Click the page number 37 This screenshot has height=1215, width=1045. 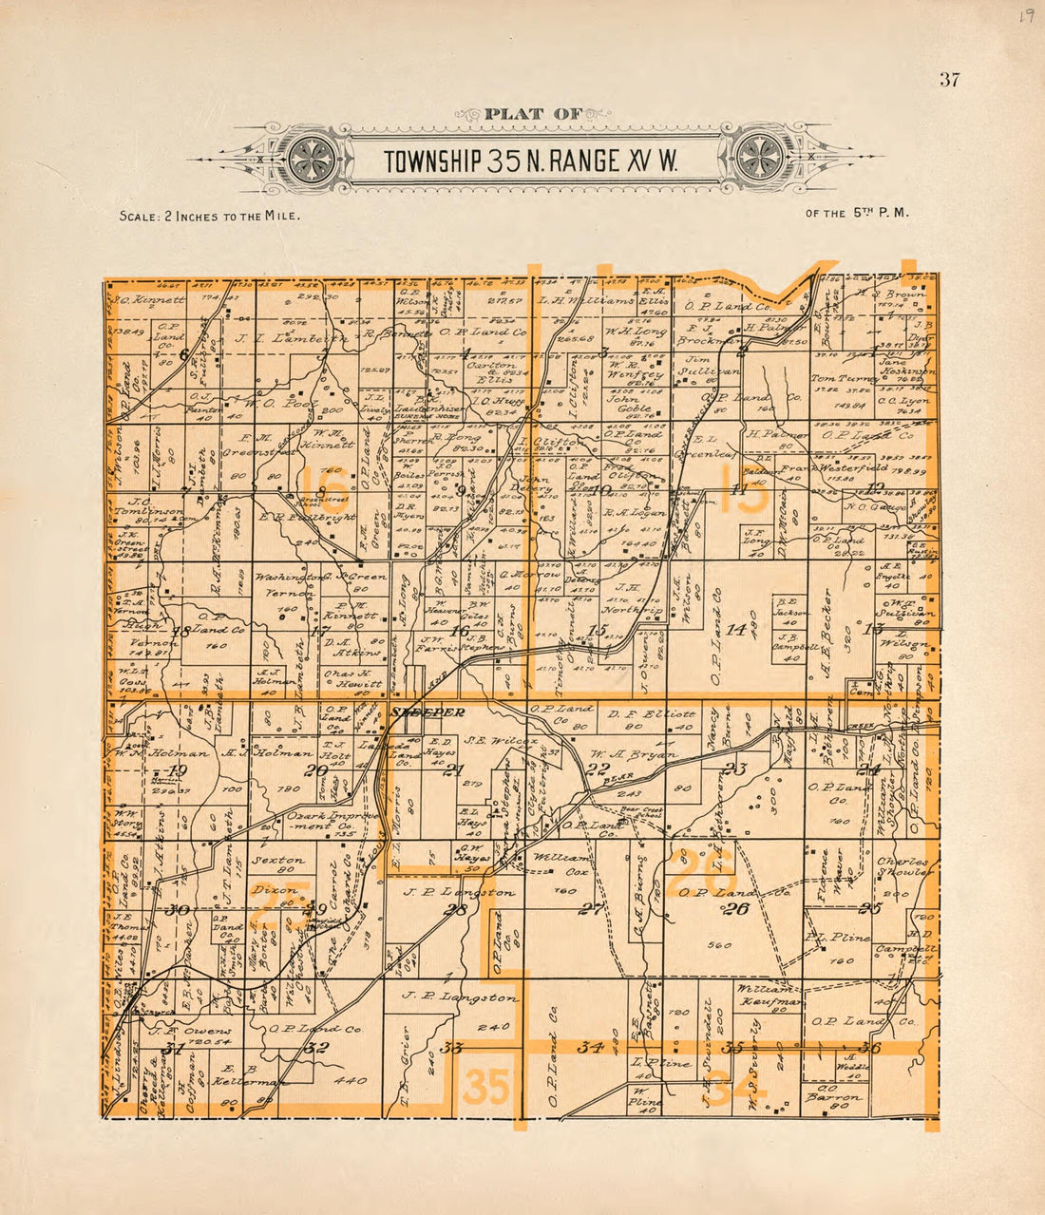pyautogui.click(x=949, y=80)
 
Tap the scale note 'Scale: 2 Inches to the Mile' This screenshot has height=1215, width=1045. pyautogui.click(x=210, y=216)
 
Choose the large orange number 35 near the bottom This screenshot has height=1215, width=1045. pyautogui.click(x=485, y=1088)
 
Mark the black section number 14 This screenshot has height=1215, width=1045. pyautogui.click(x=735, y=629)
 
